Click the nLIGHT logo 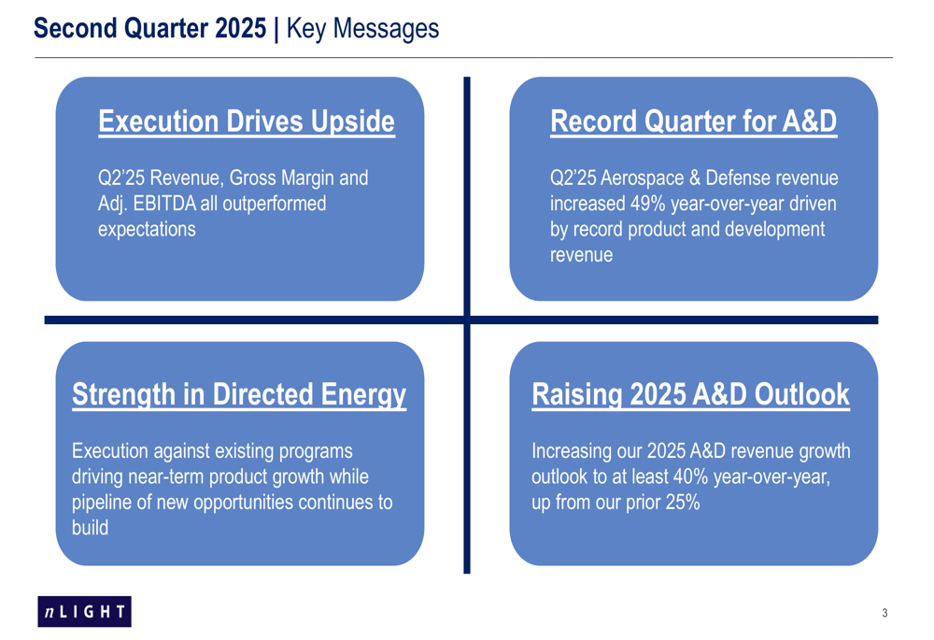[x=85, y=611]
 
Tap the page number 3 [x=884, y=613]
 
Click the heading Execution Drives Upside [x=247, y=121]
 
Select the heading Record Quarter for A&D [x=693, y=121]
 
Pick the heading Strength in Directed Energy [x=239, y=395]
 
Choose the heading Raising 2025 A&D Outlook [x=690, y=394]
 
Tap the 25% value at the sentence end [x=683, y=503]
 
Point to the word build [x=90, y=528]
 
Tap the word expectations [x=147, y=230]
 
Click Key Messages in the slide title [x=362, y=29]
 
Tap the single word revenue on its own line [x=581, y=255]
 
